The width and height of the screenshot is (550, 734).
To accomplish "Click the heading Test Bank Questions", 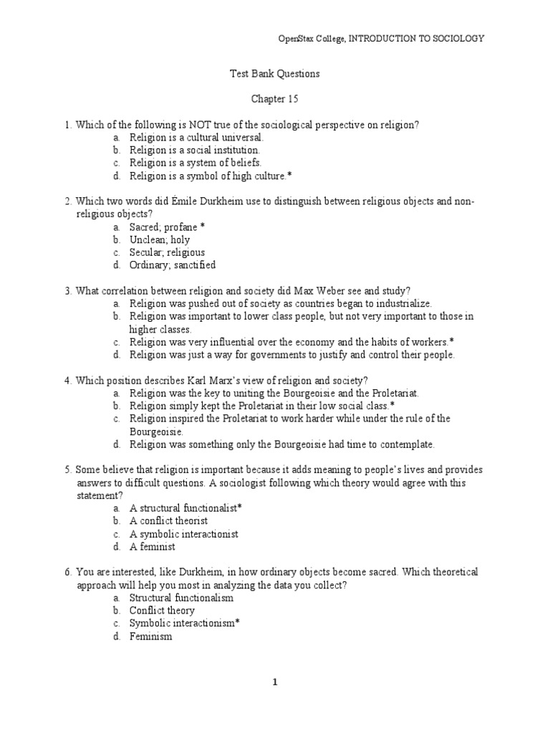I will point(274,73).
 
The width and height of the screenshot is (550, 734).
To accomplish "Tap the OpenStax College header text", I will point(380,38).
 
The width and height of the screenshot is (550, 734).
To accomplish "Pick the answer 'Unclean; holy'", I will point(160,239).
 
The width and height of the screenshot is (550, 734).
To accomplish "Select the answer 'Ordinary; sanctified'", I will point(172,265).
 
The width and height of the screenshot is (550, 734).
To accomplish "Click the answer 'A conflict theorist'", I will point(168,521).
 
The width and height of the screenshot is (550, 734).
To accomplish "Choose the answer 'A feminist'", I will point(152,547).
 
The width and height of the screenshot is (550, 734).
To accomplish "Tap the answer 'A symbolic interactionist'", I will point(183,534).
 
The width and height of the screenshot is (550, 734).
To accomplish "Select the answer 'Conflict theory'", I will point(162,611).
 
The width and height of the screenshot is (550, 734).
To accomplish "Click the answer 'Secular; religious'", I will point(167,252).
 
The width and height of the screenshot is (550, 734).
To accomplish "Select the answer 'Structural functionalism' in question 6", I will point(181,598).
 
